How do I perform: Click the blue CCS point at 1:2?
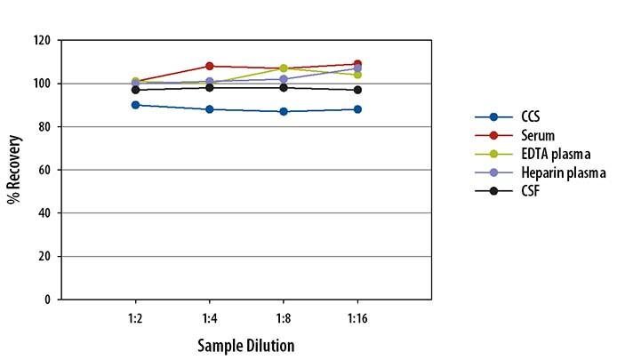(x=134, y=105)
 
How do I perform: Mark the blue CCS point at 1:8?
(x=284, y=111)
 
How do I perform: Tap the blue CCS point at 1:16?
(x=357, y=109)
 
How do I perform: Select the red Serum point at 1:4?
(x=209, y=66)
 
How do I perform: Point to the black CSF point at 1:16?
(x=357, y=90)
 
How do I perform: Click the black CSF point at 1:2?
(x=134, y=90)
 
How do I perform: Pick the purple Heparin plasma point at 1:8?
(x=284, y=79)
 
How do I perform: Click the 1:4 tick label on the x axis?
(x=209, y=316)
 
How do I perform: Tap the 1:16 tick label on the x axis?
(x=357, y=316)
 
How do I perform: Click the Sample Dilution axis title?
(x=245, y=344)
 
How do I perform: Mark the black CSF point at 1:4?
(x=209, y=87)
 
